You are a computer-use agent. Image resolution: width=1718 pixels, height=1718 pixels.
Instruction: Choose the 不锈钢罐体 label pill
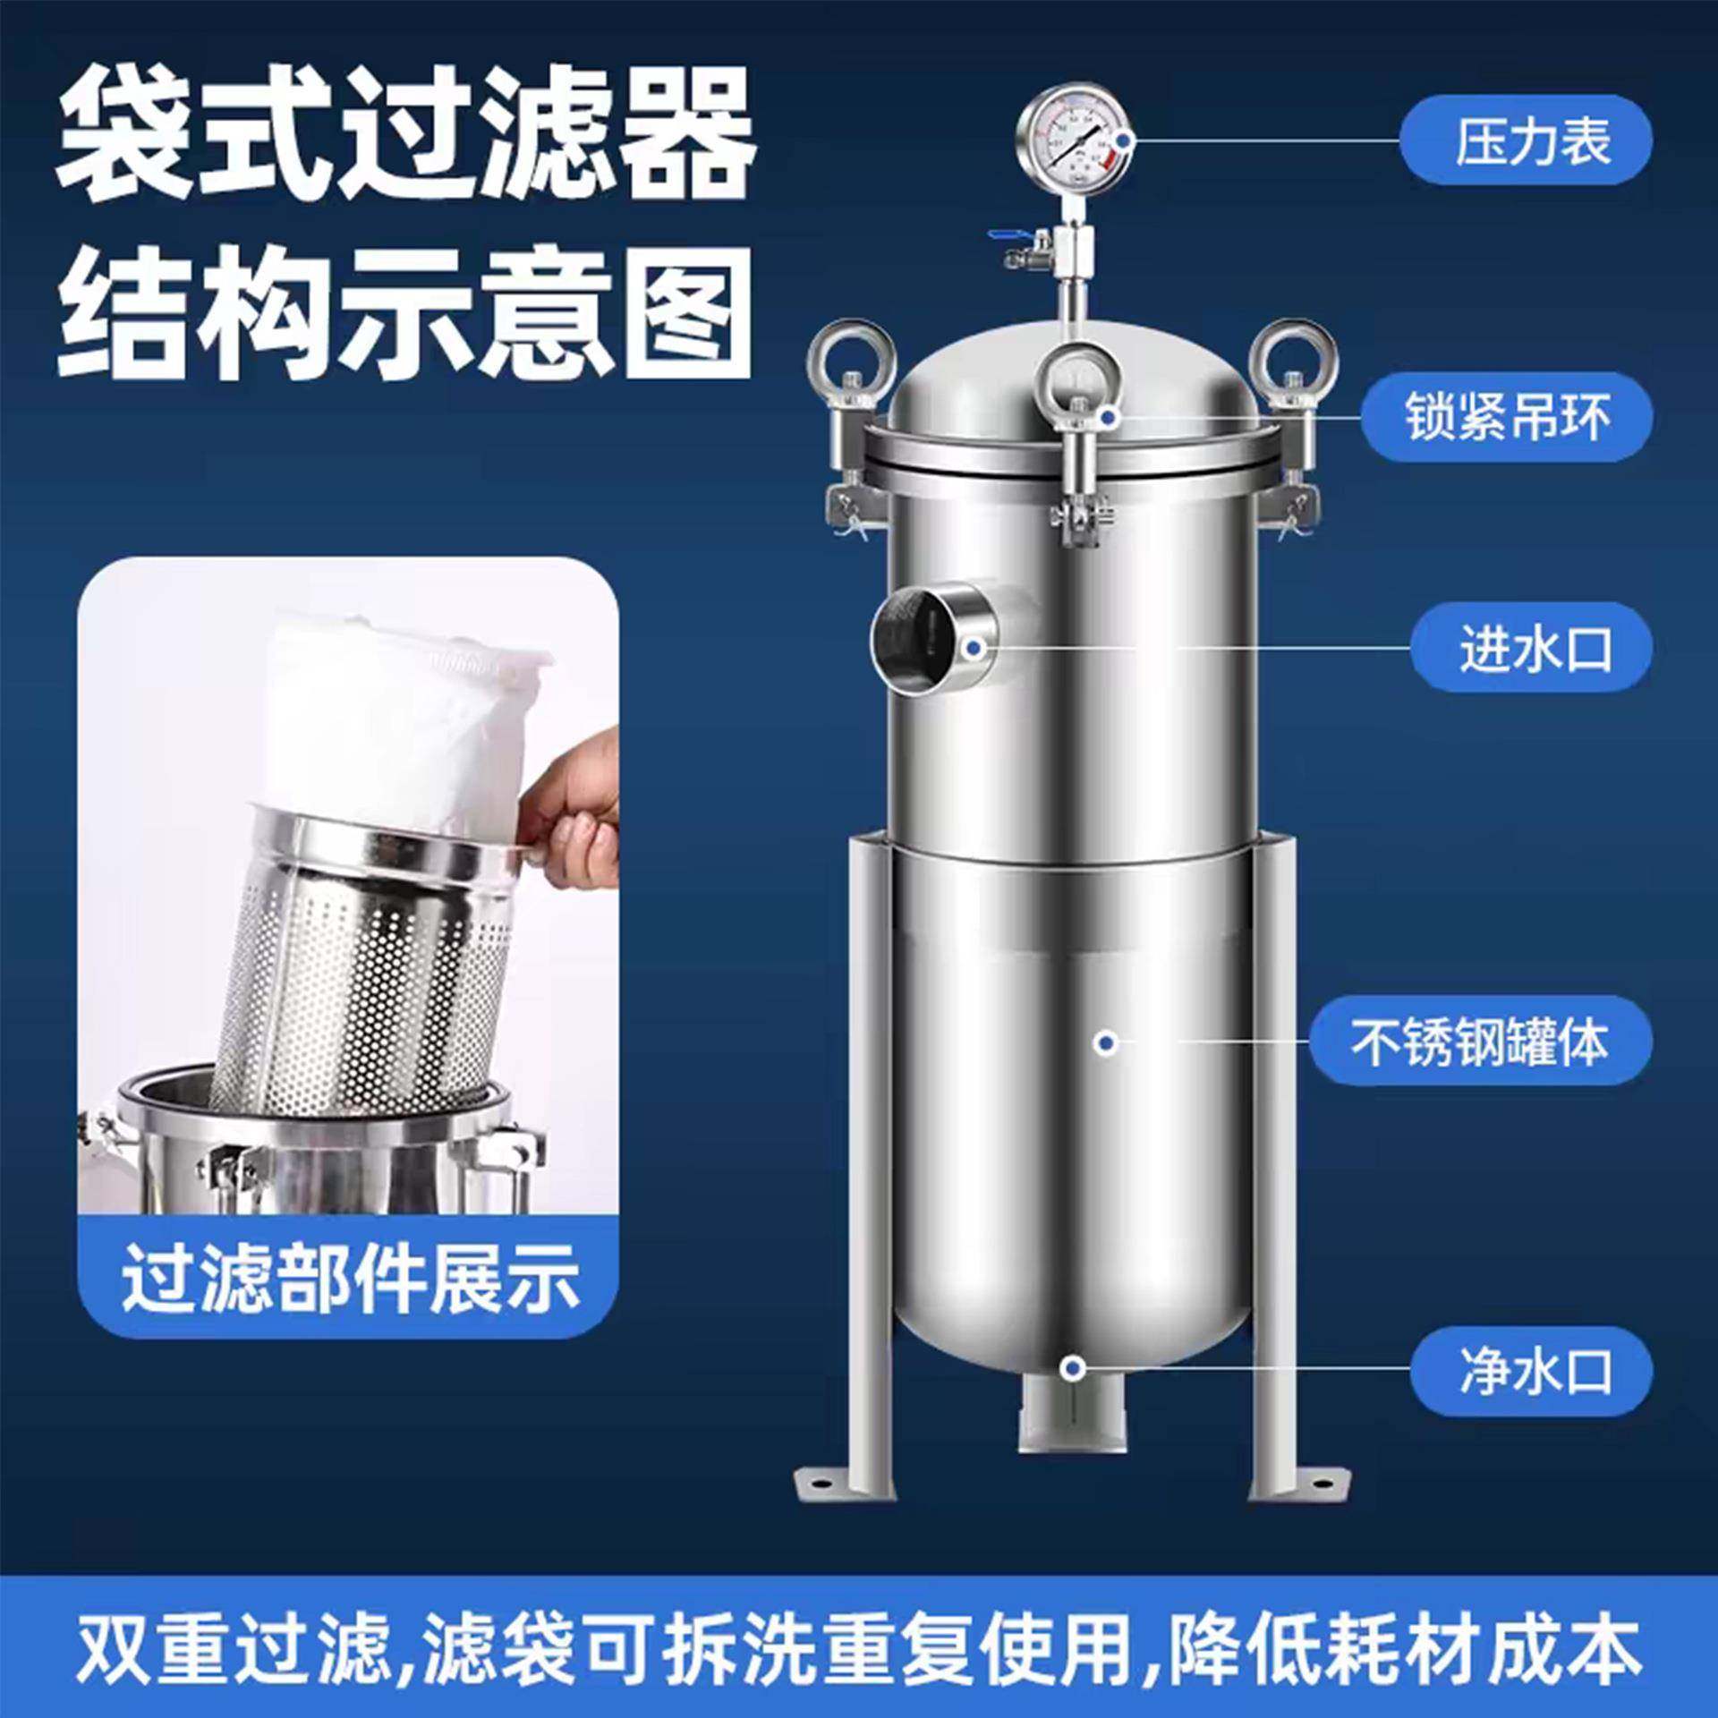pos(1480,1042)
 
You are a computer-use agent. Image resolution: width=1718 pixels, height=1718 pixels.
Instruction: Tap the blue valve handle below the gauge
pos(1001,235)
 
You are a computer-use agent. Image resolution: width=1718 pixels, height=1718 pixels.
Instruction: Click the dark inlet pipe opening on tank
pos(913,638)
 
